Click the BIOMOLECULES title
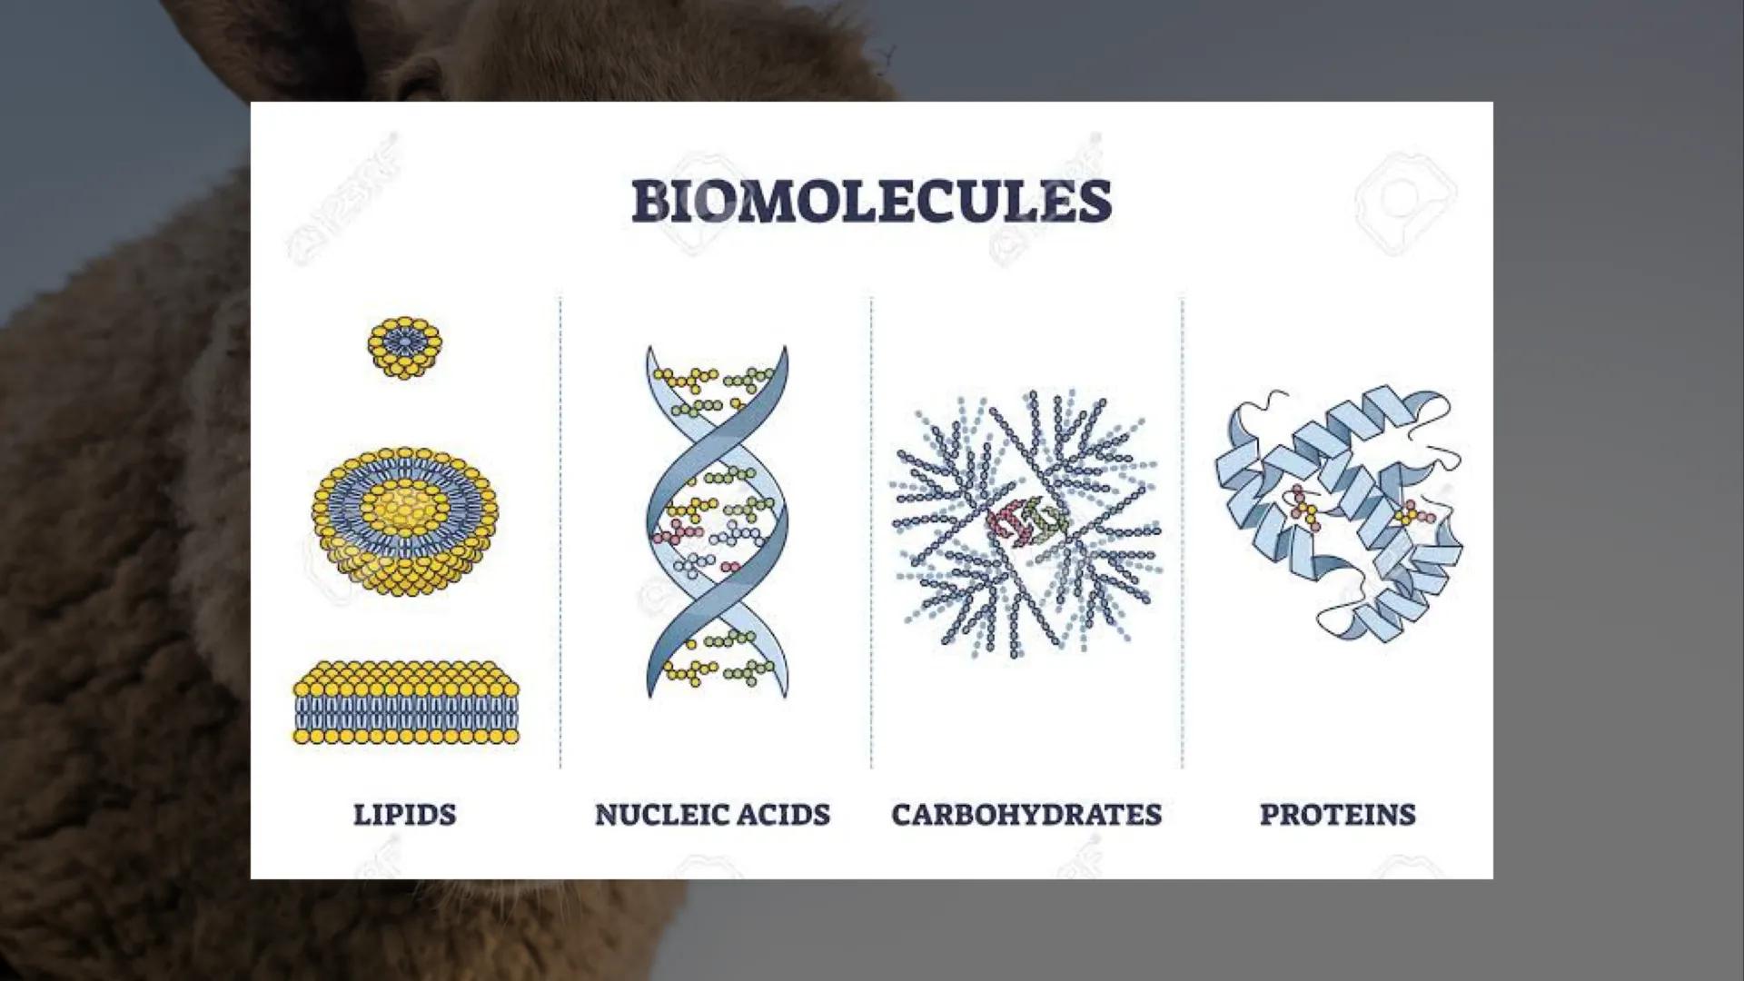pos(871,201)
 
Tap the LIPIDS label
pos(404,814)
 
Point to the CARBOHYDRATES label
pos(1026,814)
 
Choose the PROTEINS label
pos(1337,814)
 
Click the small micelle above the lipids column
pos(404,347)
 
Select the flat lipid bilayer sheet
pos(406,704)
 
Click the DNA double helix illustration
pos(717,522)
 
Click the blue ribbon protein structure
pos(1337,513)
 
